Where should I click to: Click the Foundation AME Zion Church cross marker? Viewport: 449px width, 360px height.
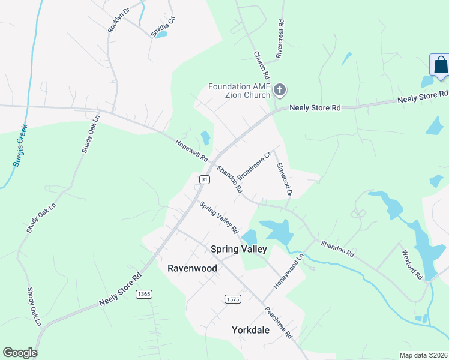pyautogui.click(x=279, y=91)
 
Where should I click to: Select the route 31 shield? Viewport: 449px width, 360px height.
pyautogui.click(x=205, y=179)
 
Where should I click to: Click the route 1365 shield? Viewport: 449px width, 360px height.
pyautogui.click(x=143, y=293)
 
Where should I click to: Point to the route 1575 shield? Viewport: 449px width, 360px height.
pyautogui.click(x=233, y=299)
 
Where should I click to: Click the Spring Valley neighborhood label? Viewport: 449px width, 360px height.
pyautogui.click(x=238, y=249)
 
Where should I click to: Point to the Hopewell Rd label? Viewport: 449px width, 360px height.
pyautogui.click(x=191, y=151)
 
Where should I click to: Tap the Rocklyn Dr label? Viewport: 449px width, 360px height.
pyautogui.click(x=118, y=20)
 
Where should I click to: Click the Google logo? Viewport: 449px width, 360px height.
pyautogui.click(x=20, y=353)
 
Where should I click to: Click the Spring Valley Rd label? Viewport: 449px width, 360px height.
pyautogui.click(x=219, y=217)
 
